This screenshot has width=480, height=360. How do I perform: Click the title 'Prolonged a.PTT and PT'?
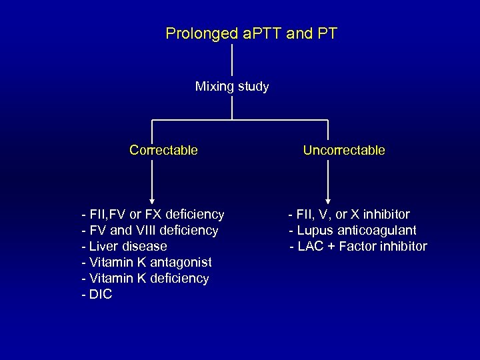[251, 33]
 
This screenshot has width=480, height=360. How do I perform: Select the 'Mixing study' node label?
[232, 87]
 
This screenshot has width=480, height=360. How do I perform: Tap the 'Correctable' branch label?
[163, 150]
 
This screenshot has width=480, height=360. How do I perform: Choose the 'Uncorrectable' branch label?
[344, 150]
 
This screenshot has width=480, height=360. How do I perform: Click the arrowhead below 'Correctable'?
[153, 199]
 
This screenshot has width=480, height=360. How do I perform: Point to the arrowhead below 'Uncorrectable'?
[327, 199]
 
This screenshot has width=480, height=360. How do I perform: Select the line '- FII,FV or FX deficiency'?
[152, 215]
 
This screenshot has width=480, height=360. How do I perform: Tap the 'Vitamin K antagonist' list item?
[146, 262]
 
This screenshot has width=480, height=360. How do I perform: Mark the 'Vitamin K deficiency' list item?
[145, 278]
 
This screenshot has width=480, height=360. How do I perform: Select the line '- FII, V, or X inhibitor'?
[349, 215]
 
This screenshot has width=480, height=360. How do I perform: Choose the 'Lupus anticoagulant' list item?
[353, 231]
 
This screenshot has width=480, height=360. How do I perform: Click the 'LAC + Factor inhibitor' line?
[358, 247]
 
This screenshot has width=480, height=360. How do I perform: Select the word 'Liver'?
[102, 247]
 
